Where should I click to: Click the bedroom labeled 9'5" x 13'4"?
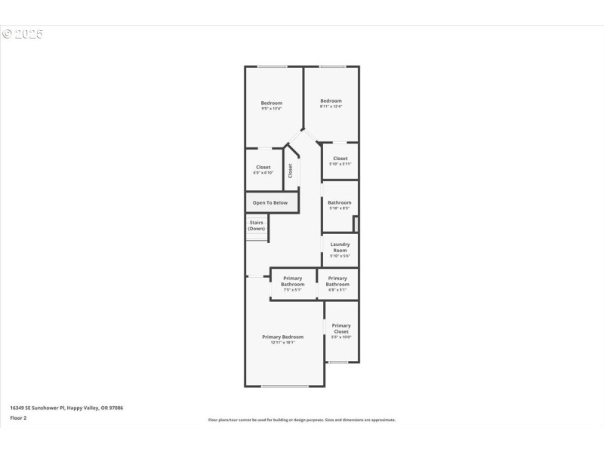272,106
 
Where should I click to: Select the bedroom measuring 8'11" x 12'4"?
331,103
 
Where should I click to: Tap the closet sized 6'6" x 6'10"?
263,170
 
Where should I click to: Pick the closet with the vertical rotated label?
291,171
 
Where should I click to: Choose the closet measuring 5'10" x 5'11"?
340,161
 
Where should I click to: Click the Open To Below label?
270,202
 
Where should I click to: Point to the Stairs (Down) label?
257,225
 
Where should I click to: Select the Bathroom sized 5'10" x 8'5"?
339,205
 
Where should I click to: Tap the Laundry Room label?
340,247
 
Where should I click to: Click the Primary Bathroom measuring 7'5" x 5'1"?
293,283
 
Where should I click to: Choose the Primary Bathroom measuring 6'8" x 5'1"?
337,283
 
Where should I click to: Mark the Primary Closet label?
341,328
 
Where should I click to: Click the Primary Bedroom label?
282,337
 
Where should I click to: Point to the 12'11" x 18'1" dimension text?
282,343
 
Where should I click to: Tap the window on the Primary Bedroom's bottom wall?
285,387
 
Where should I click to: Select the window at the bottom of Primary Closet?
338,362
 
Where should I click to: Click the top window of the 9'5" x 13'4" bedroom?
273,66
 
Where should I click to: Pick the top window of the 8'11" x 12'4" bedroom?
332,66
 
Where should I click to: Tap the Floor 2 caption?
18,417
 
